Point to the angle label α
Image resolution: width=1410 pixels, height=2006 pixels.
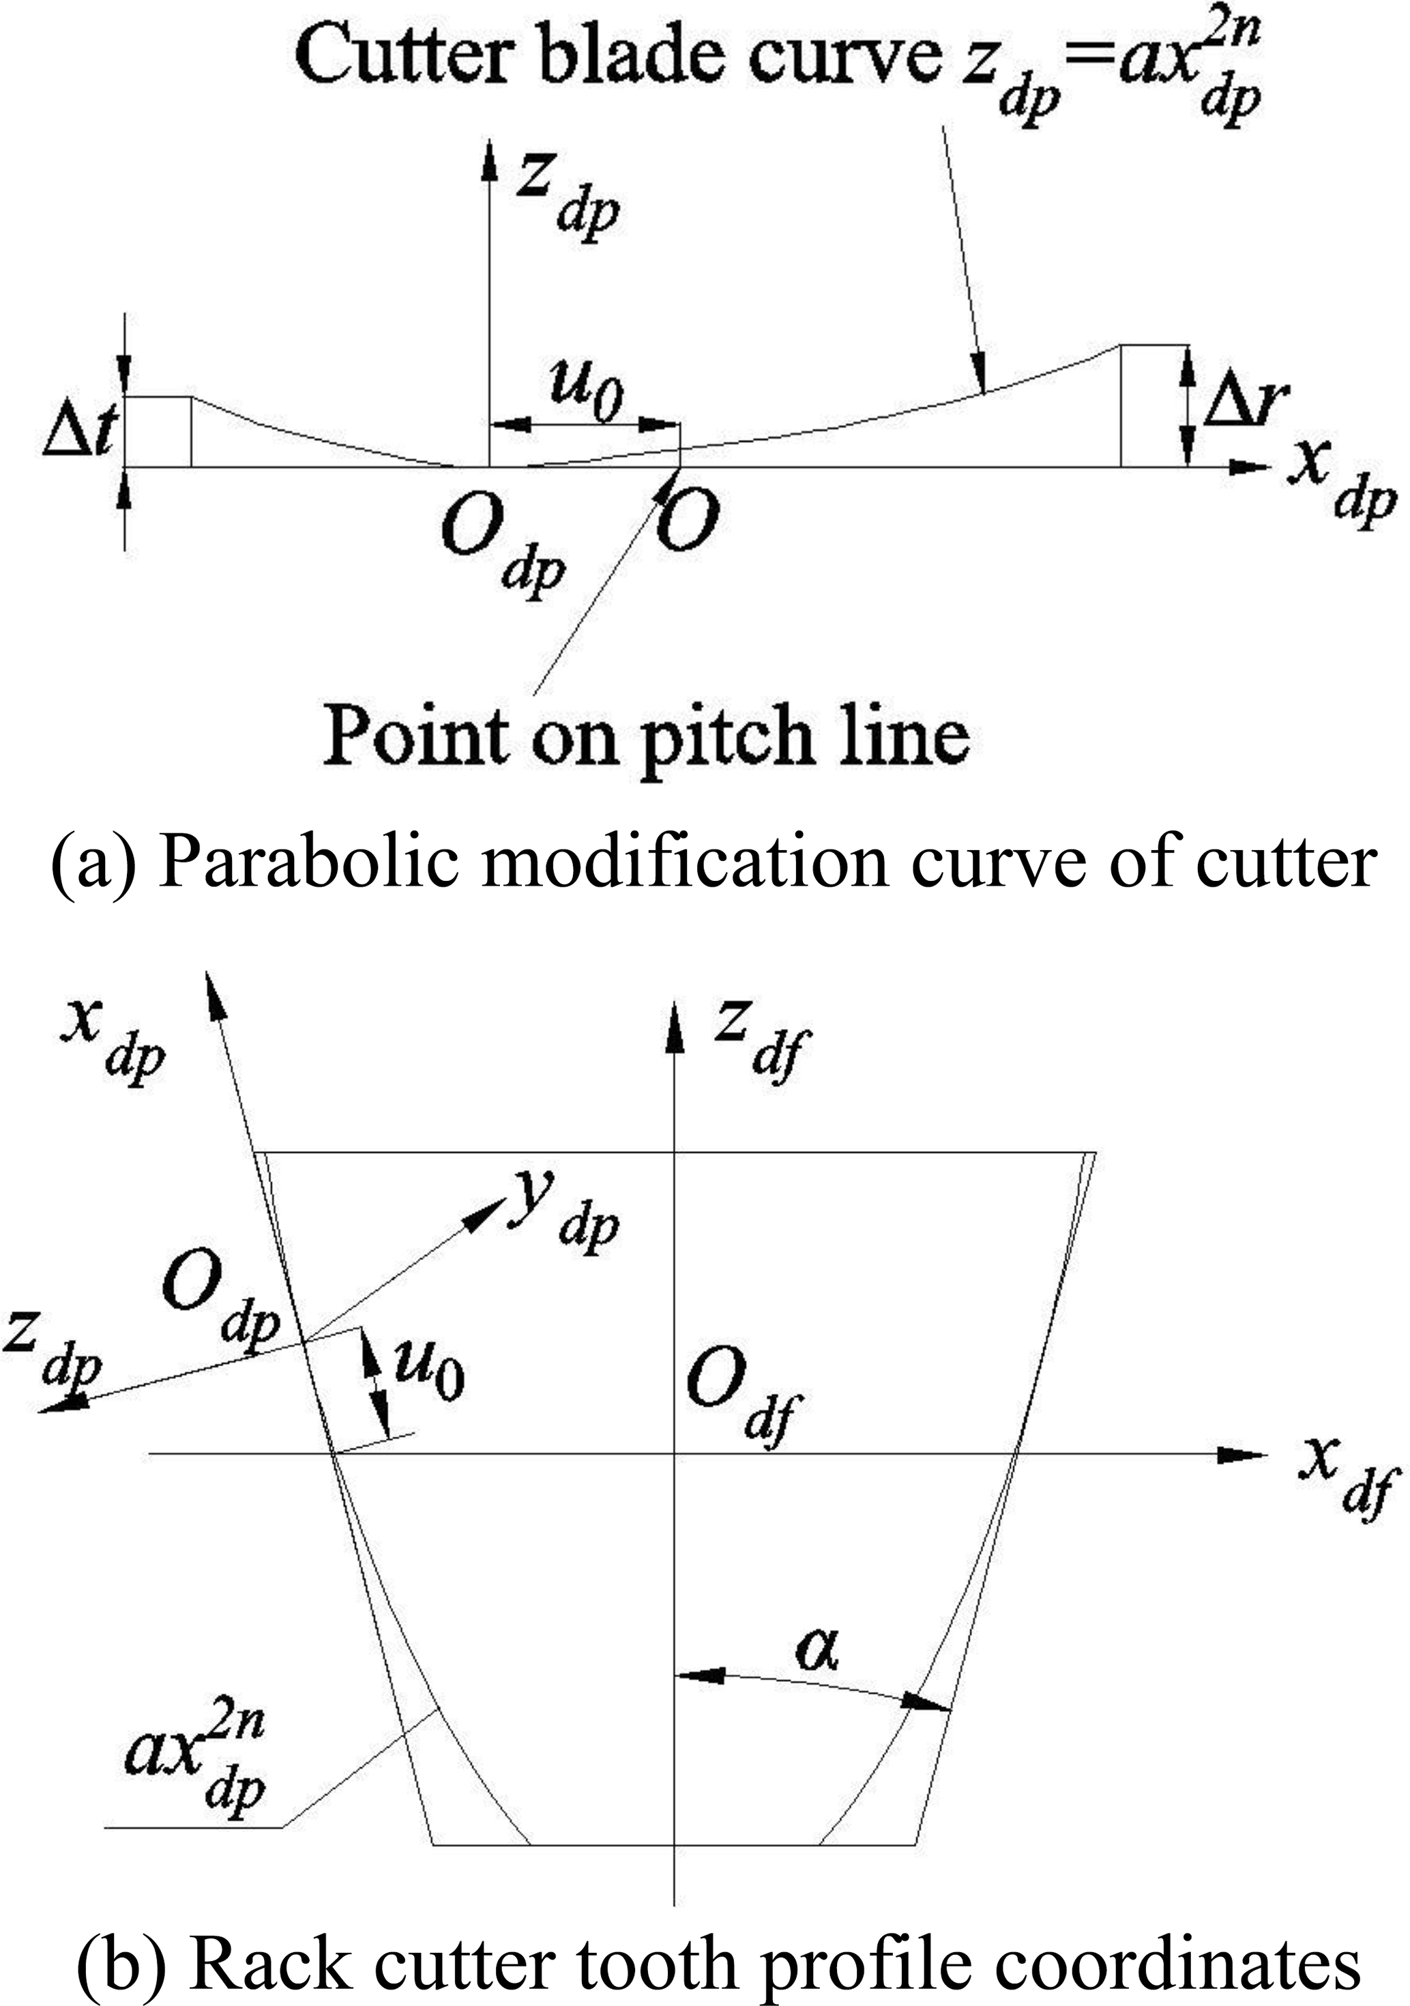pyautogui.click(x=817, y=1651)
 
